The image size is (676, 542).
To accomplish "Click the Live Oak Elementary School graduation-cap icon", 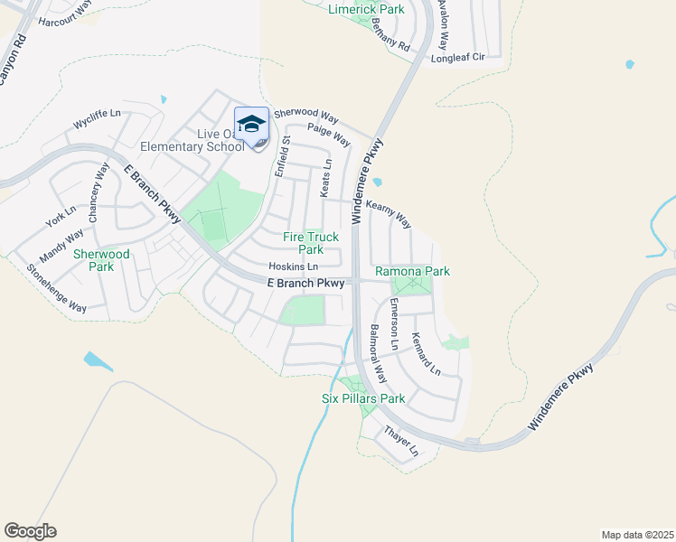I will [251, 123].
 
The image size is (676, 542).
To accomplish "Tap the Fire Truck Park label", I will [303, 243].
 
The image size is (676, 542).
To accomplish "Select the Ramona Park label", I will [412, 271].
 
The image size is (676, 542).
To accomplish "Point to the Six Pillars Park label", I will [363, 398].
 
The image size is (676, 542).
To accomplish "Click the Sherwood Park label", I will [101, 260].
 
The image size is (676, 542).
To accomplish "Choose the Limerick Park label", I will [365, 8].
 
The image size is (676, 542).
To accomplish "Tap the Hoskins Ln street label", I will [294, 267].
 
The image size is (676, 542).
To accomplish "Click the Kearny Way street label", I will [389, 215].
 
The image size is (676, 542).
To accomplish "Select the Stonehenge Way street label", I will [56, 289].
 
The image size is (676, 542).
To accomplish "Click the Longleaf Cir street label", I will [460, 56].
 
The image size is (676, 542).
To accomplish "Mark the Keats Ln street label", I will [327, 178].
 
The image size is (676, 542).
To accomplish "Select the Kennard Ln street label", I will [426, 355].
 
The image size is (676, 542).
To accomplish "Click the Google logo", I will [30, 531].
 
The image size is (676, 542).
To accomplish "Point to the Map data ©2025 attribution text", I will [637, 534].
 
